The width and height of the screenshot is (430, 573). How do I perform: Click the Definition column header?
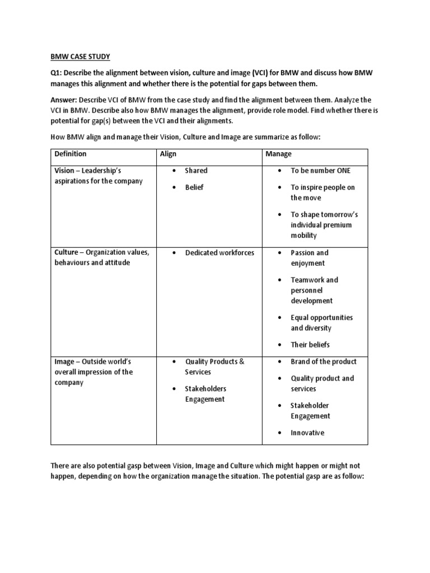pos(70,154)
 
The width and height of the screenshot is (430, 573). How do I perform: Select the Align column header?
pos(169,154)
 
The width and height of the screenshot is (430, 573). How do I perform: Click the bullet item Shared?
pos(196,171)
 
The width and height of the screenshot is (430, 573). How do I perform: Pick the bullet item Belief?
pos(194,187)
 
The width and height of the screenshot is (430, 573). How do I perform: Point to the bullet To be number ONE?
pos(320,171)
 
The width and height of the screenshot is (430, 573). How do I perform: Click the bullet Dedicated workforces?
pos(219,253)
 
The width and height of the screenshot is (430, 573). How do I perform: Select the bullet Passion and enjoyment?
pos(310,258)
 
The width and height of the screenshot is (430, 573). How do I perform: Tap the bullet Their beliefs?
pos(310,345)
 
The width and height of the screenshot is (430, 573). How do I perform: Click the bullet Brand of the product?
pos(323,361)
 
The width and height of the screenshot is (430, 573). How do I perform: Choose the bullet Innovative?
pos(307,433)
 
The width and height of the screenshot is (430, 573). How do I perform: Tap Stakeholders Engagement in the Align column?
pos(205,394)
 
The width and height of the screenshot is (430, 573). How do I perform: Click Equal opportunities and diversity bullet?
pos(321,323)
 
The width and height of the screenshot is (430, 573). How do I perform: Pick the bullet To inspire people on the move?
pos(322,192)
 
